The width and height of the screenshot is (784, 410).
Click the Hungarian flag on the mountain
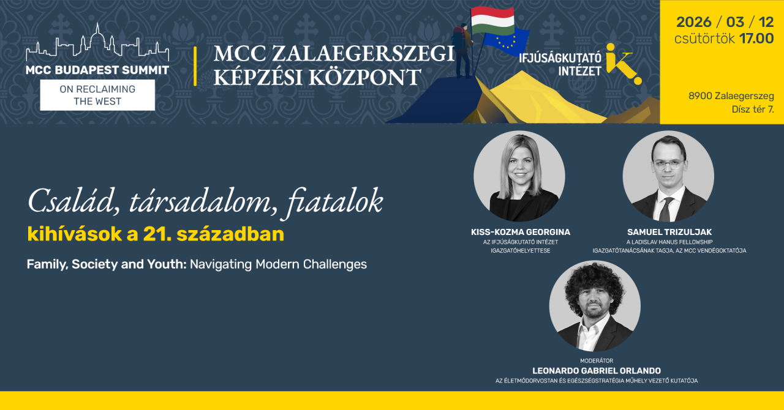tap(492, 20)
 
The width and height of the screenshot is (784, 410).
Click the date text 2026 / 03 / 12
tap(725, 23)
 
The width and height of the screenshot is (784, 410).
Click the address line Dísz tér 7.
tap(753, 110)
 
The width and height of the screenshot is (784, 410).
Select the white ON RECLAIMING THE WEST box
tap(97, 95)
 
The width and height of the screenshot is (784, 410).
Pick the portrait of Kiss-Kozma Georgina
tap(519, 176)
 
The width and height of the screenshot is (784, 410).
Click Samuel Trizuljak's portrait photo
tap(668, 176)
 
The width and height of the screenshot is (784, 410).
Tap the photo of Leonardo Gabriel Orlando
tap(595, 306)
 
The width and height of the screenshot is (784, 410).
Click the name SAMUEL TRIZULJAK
tap(669, 232)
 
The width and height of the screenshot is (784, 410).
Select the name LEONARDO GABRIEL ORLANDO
tap(597, 371)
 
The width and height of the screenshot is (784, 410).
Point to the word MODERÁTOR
tap(597, 361)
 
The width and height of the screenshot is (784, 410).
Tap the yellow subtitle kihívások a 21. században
tap(156, 234)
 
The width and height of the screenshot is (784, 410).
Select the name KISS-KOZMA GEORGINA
tap(520, 232)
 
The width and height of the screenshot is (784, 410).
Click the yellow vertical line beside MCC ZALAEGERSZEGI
tap(195, 66)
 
